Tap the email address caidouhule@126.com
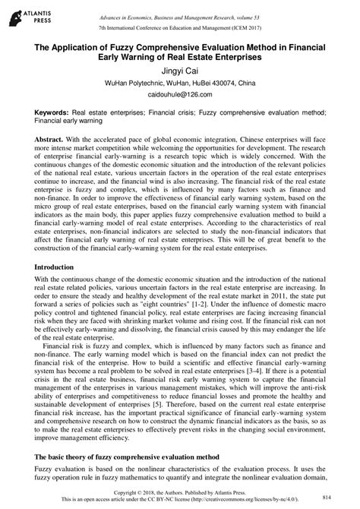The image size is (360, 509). click(x=179, y=95)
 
